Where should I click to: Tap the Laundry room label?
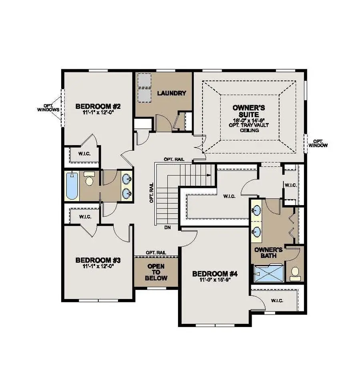point(172,93)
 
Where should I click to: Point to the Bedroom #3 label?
point(98,260)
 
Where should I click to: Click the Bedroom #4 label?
point(215,274)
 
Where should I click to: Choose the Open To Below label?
point(156,272)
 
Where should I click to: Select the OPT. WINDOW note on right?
point(318,144)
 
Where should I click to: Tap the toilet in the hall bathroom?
point(89,181)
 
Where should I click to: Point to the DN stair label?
point(168,228)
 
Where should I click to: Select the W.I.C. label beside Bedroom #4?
point(277,300)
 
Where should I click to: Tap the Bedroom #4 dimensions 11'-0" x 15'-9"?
point(215,280)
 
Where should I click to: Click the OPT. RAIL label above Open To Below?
point(156,253)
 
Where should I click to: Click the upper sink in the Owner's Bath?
point(256,210)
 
